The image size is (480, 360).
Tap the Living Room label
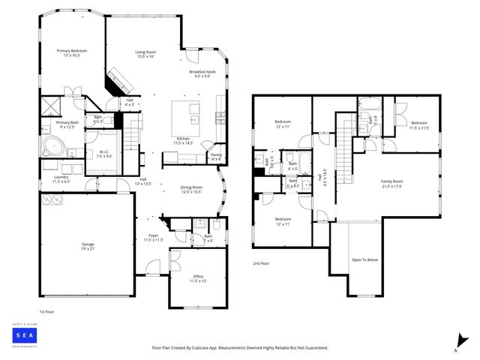pyautogui.click(x=145, y=54)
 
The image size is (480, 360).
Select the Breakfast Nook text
pyautogui.click(x=202, y=73)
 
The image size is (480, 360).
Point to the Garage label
pyautogui.click(x=88, y=246)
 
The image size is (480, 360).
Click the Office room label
pyautogui.click(x=198, y=278)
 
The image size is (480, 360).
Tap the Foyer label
pyautogui.click(x=153, y=238)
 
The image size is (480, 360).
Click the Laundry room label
pyautogui.click(x=61, y=179)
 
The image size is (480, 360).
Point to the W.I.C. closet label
pyautogui.click(x=104, y=154)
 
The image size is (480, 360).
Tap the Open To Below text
pyautogui.click(x=364, y=260)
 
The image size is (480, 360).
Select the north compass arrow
pyautogui.click(x=458, y=343)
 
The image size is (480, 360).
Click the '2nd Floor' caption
pyautogui.click(x=262, y=264)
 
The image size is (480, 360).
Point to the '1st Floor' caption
pyautogui.click(x=46, y=310)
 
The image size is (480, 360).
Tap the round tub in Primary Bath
pyautogui.click(x=52, y=145)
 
